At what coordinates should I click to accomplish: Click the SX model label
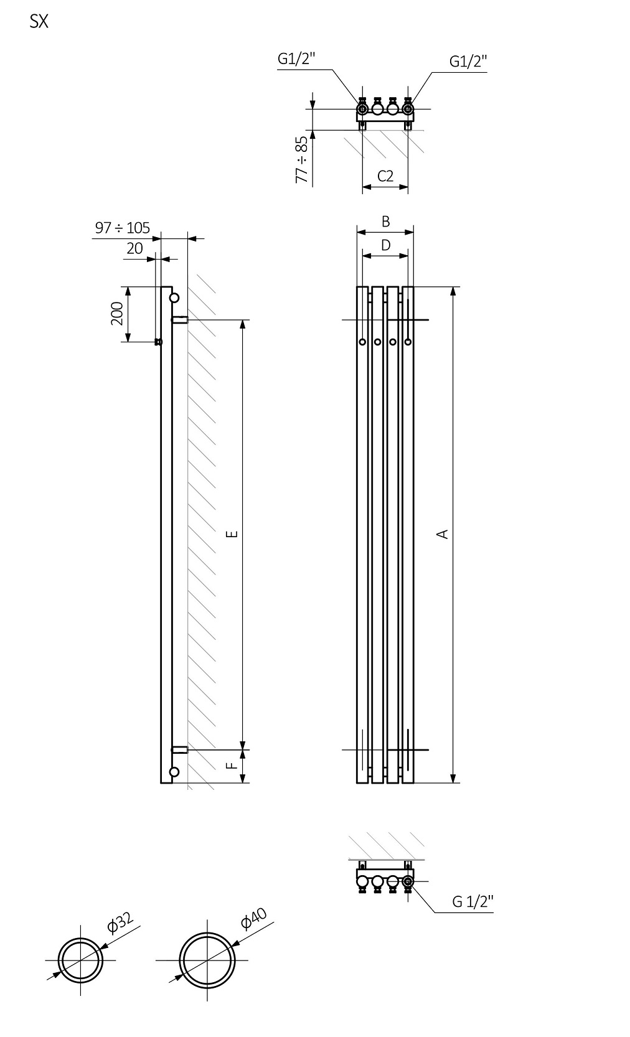point(39,22)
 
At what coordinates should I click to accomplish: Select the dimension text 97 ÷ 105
point(123,228)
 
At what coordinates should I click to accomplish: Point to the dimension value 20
point(134,248)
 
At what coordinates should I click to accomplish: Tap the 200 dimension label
point(116,314)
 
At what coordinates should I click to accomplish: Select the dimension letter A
point(443,533)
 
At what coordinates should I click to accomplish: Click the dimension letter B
point(385,222)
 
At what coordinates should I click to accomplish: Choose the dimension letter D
point(385,245)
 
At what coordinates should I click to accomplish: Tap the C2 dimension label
point(385,176)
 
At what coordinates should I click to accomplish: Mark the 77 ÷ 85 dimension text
point(302,159)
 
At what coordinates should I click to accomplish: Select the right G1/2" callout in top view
point(468,61)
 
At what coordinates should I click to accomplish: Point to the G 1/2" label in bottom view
point(472,901)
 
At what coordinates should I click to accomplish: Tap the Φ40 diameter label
point(254,918)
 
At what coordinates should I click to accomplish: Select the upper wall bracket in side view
point(180,320)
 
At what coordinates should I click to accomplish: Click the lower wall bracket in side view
point(180,749)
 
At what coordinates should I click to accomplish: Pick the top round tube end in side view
point(174,298)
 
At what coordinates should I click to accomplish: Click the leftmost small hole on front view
point(362,342)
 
